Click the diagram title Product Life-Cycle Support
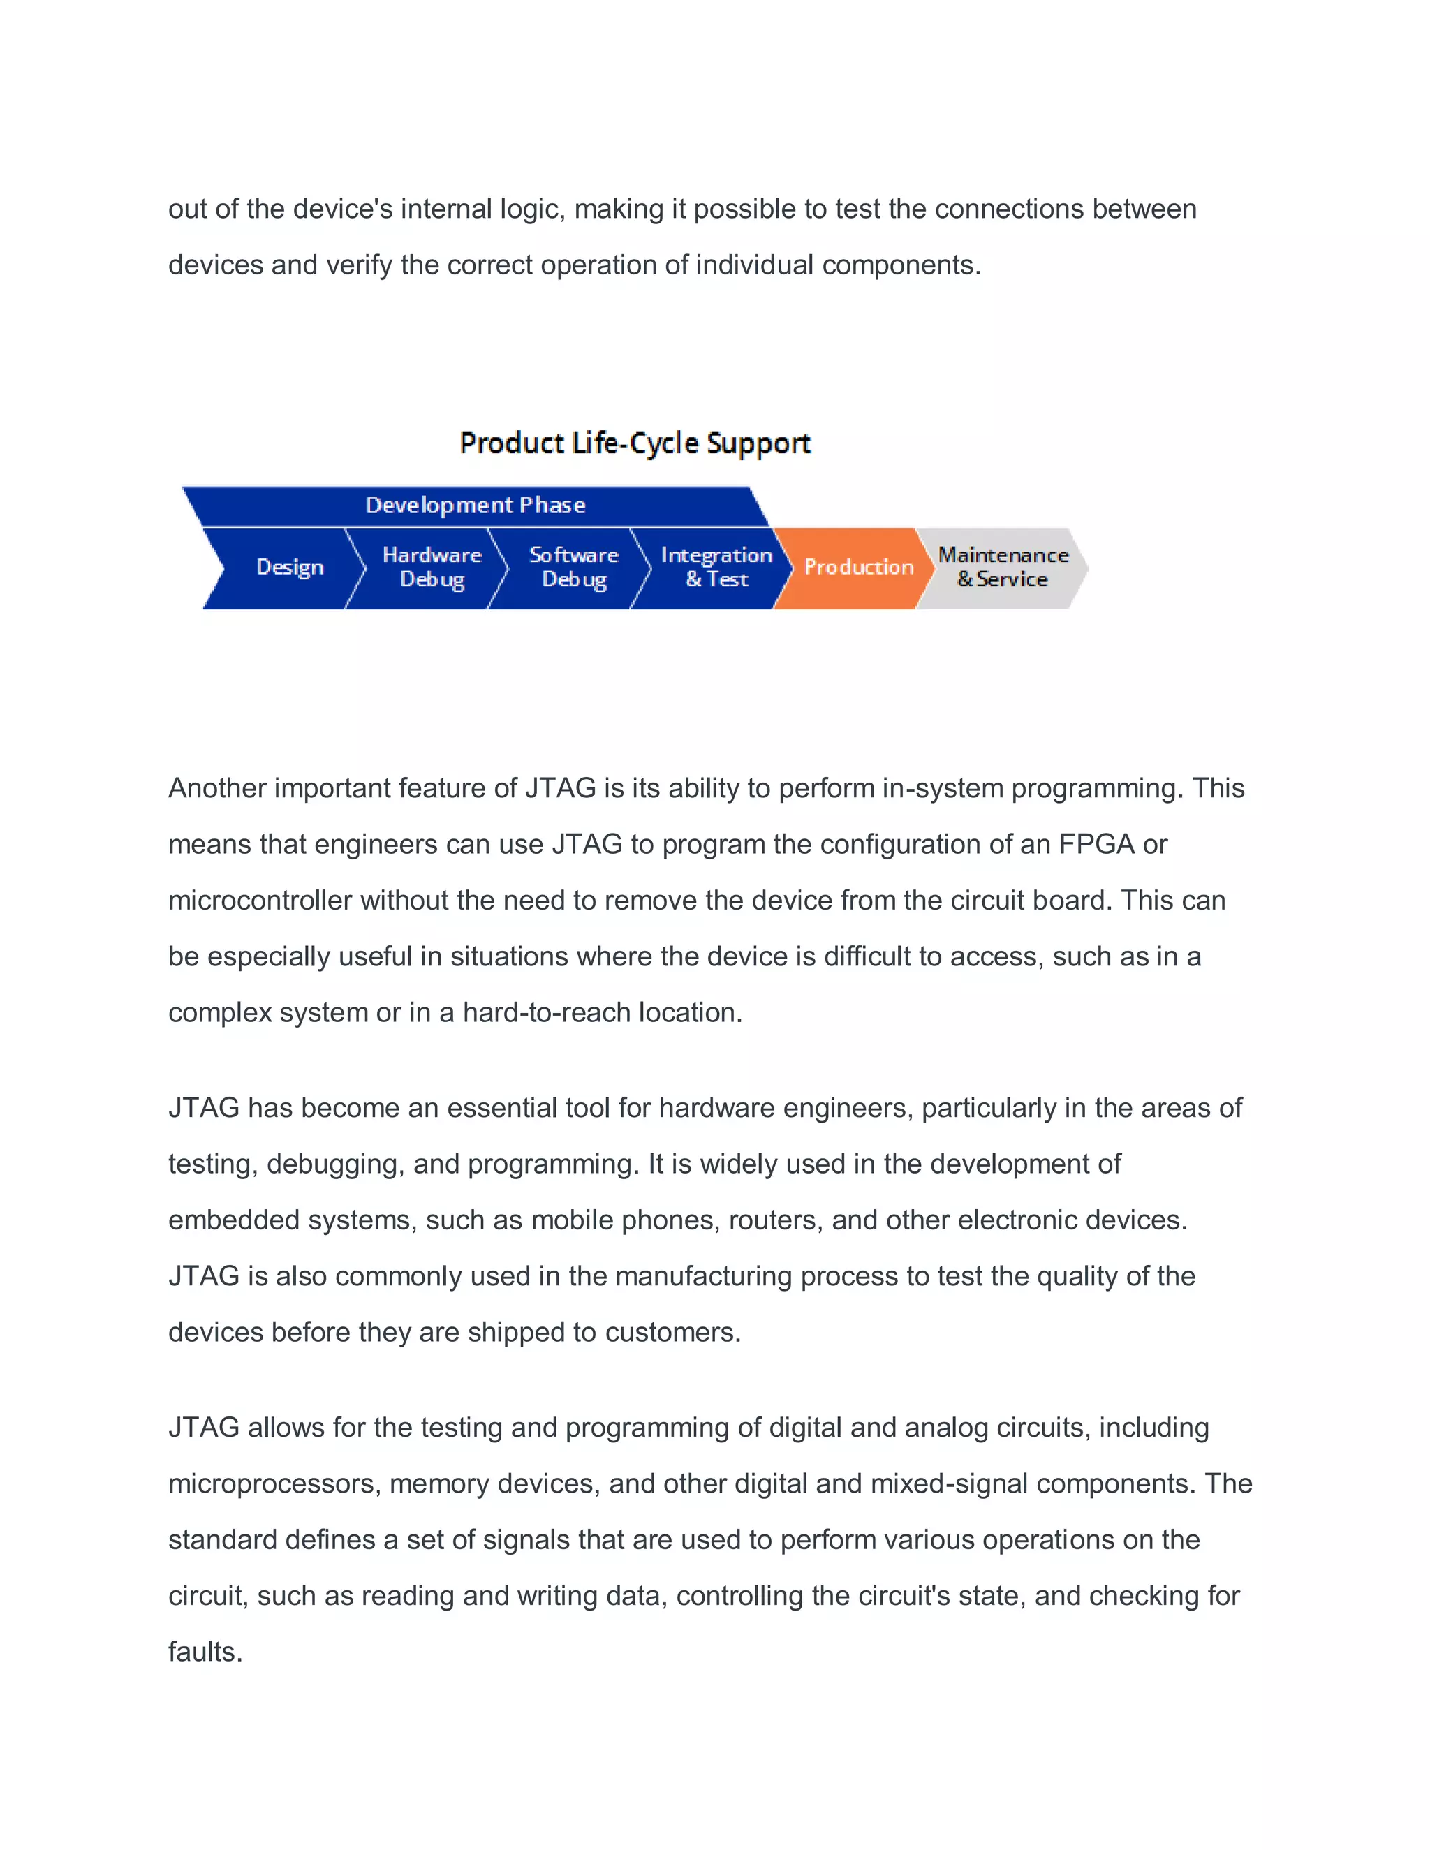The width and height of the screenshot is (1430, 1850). click(x=635, y=443)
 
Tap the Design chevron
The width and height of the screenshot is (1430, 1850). click(x=289, y=568)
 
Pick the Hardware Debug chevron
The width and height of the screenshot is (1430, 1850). click(x=432, y=568)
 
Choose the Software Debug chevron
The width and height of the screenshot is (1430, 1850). click(x=573, y=568)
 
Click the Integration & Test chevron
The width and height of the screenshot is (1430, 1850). click(x=716, y=568)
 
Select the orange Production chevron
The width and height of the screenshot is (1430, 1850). click(x=857, y=568)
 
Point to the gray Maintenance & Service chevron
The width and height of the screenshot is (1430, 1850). click(x=1002, y=568)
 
